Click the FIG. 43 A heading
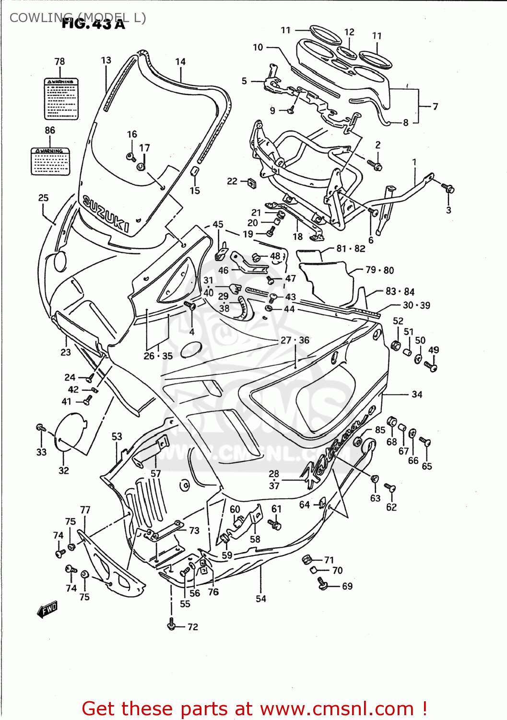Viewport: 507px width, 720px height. coord(94,24)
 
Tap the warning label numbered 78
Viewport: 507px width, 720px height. coord(61,99)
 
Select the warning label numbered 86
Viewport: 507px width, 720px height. coord(50,161)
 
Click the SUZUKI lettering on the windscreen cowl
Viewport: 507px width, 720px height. coord(106,214)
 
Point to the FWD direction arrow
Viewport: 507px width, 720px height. coord(47,609)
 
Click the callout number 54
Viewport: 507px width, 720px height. coord(260,599)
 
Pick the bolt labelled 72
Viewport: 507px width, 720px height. coord(171,625)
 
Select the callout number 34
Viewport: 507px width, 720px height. coord(417,395)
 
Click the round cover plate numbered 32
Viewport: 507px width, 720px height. coord(71,431)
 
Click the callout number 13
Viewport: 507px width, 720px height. coord(106,60)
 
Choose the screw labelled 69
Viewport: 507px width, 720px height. coord(322,583)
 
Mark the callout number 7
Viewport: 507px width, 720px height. coord(435,107)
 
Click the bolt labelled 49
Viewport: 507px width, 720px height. coord(430,367)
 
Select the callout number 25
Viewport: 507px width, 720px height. coord(43,198)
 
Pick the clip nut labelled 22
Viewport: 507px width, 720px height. coord(251,183)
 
